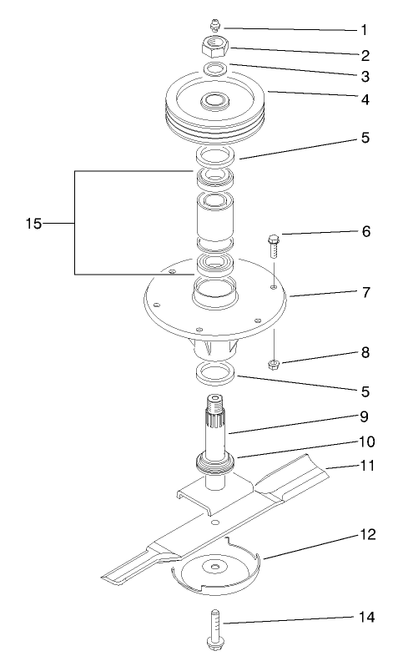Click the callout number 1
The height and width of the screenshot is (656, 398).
point(363,29)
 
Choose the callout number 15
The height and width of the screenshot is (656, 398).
point(33,224)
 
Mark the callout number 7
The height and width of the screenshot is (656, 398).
point(363,293)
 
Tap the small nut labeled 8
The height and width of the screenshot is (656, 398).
point(273,363)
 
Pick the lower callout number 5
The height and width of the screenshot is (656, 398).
point(363,389)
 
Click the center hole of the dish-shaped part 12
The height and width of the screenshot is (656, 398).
point(216,568)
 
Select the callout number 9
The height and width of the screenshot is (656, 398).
point(363,416)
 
